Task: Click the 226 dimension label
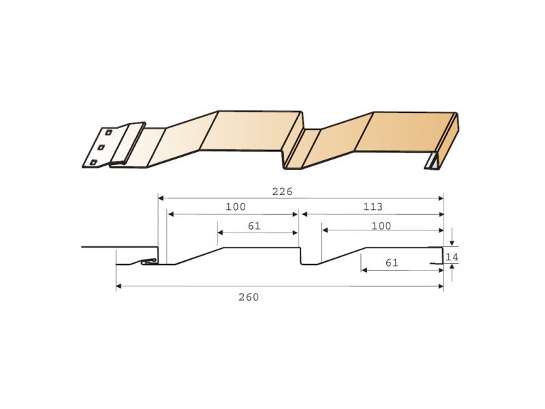pyautogui.click(x=282, y=192)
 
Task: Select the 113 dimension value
pyautogui.click(x=373, y=207)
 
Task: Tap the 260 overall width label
pyautogui.click(x=249, y=297)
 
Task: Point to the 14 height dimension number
pyautogui.click(x=452, y=257)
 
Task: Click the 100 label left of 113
pyautogui.click(x=236, y=207)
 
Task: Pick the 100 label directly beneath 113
pyautogui.click(x=381, y=226)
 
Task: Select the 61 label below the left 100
pyautogui.click(x=254, y=226)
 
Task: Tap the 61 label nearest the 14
pyautogui.click(x=392, y=262)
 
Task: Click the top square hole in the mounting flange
pyautogui.click(x=108, y=132)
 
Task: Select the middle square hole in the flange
pyautogui.click(x=101, y=147)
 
